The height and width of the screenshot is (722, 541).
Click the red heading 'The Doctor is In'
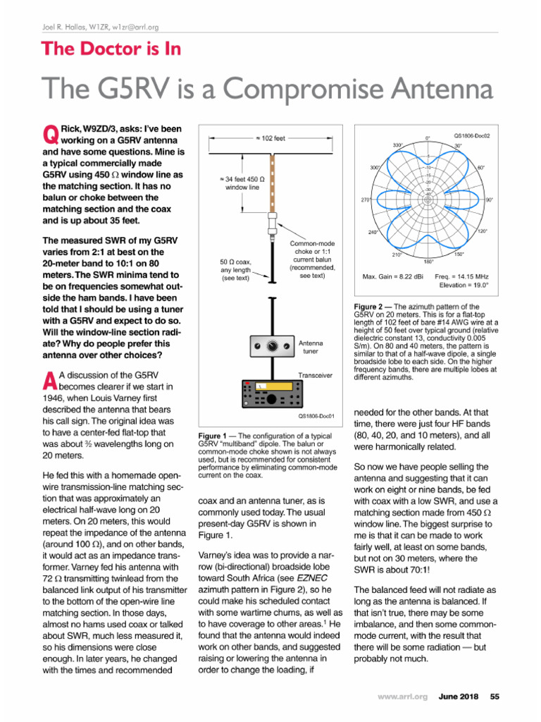[x=111, y=49]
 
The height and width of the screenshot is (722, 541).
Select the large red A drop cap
[x=49, y=380]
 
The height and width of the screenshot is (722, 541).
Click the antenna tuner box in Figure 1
[x=273, y=346]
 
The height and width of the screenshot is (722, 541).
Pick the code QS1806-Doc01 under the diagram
[x=314, y=416]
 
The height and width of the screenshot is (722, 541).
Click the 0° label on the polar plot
[x=428, y=137]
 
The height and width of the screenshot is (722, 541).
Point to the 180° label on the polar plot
[x=428, y=261]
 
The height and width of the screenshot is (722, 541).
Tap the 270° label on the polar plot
[x=365, y=200]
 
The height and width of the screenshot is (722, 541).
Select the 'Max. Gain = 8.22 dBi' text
[x=392, y=276]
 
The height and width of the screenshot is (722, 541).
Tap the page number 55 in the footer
[x=495, y=697]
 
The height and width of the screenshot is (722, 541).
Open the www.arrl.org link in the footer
[x=402, y=697]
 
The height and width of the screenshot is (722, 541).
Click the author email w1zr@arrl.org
[x=133, y=27]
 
